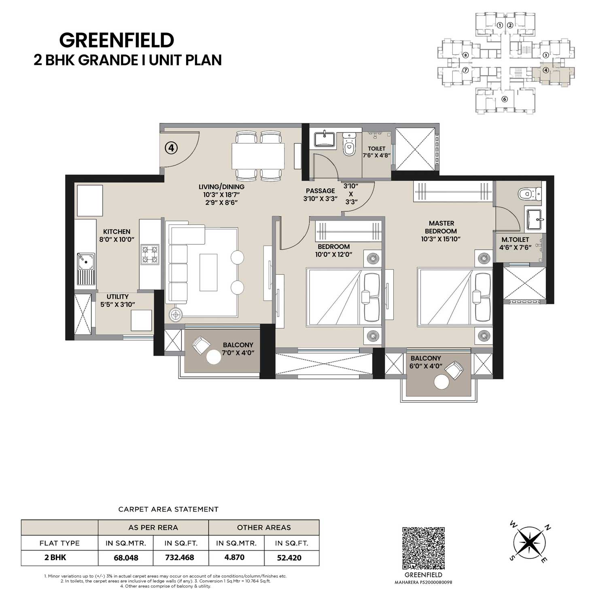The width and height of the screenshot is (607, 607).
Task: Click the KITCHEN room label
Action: coord(117,231)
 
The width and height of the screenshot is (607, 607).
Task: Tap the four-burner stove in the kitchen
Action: coord(149,255)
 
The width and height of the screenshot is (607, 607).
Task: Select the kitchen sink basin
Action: coord(86,261)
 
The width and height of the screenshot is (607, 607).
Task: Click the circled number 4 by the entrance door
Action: coord(171,148)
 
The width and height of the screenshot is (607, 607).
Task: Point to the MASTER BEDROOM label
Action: coord(441,227)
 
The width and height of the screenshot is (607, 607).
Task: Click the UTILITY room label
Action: coord(118,297)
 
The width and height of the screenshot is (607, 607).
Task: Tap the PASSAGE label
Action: coord(320,191)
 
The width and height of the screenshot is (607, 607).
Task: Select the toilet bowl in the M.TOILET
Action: coord(529,194)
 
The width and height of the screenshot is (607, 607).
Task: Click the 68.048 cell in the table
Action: coord(126,558)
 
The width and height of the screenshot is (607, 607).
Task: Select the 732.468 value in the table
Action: coord(180,558)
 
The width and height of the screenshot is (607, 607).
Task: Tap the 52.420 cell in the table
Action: coord(289,558)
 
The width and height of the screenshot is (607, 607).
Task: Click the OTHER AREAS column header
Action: coord(264,527)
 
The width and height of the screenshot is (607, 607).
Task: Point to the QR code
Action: coord(424,548)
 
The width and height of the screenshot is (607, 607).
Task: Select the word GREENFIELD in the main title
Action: coord(117,40)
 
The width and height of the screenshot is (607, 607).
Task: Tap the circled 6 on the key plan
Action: coord(504,99)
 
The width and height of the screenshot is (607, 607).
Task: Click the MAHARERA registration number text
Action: coord(424,582)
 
